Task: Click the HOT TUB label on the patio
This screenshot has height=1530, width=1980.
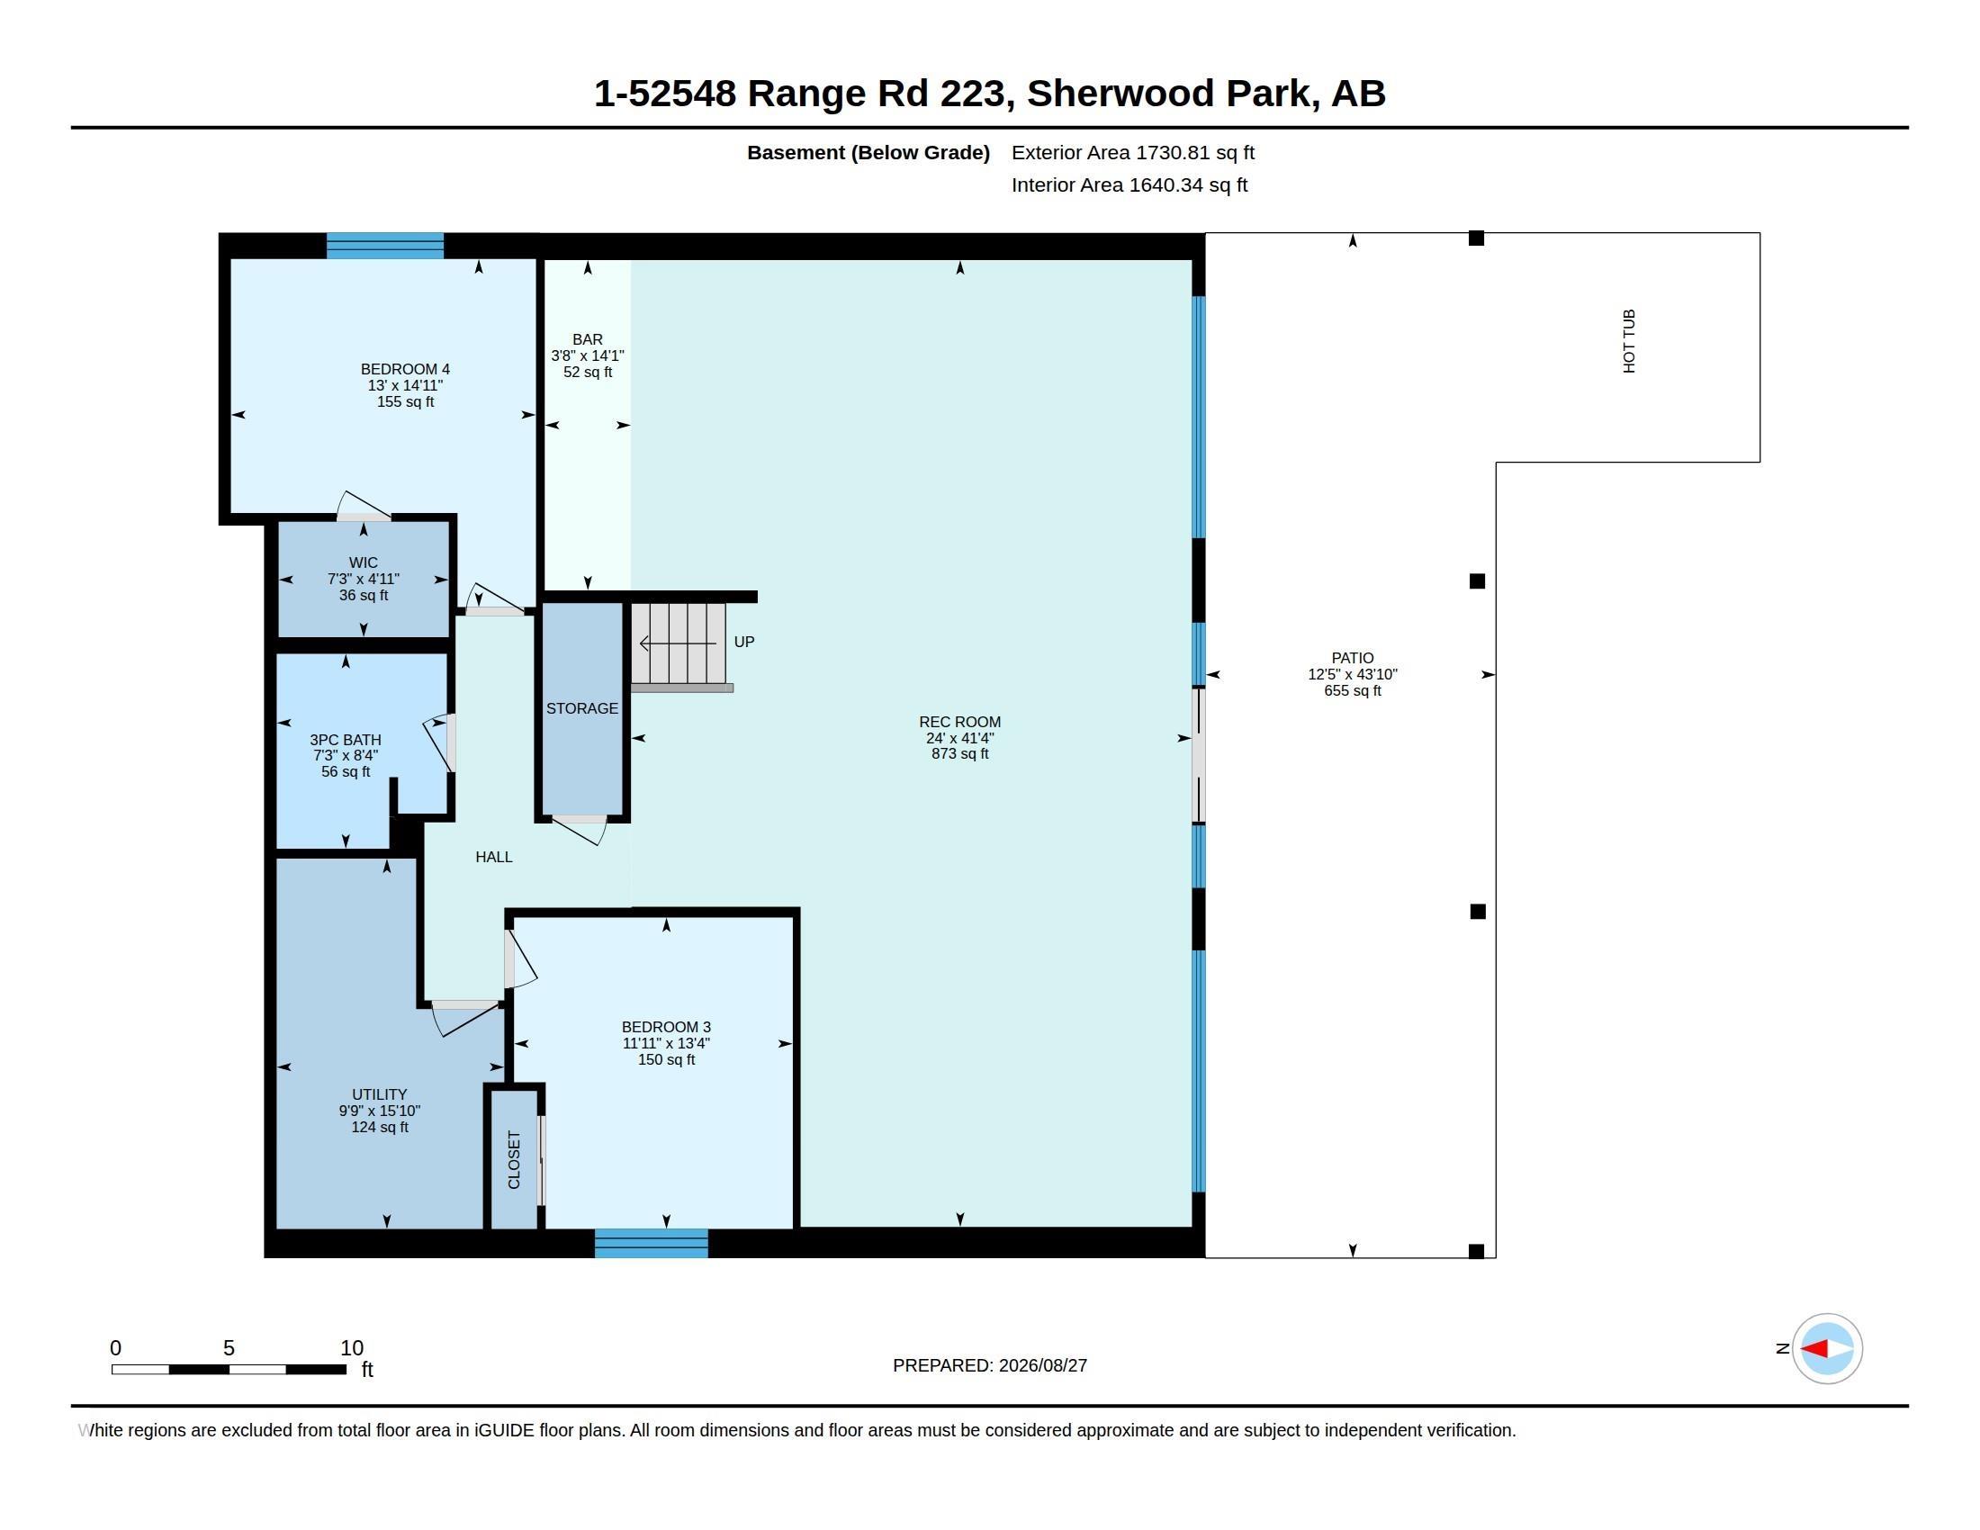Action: pyautogui.click(x=1628, y=341)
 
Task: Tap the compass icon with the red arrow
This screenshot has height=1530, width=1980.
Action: pyautogui.click(x=1827, y=1349)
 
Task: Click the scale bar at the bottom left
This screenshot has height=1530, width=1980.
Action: pyautogui.click(x=229, y=1369)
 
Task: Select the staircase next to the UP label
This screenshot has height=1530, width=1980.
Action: pyautogui.click(x=679, y=645)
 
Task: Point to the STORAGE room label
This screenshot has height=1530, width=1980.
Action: pyautogui.click(x=582, y=708)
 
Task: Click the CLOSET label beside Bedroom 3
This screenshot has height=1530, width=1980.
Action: pyautogui.click(x=514, y=1159)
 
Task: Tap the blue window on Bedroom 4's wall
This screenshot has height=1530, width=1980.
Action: pyautogui.click(x=385, y=246)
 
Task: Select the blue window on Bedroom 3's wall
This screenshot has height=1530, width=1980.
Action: pyautogui.click(x=651, y=1243)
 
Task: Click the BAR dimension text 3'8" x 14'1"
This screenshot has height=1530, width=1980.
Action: pyautogui.click(x=588, y=356)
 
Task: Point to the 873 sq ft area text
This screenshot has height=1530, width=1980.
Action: pyautogui.click(x=960, y=753)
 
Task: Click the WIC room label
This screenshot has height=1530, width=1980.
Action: pyautogui.click(x=364, y=562)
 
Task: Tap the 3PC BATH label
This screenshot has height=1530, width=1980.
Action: pyautogui.click(x=346, y=740)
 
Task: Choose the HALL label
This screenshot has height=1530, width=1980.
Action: pyautogui.click(x=494, y=857)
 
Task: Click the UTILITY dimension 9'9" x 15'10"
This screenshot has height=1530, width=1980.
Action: pyautogui.click(x=380, y=1111)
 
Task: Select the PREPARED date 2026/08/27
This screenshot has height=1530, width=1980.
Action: pyautogui.click(x=1042, y=1365)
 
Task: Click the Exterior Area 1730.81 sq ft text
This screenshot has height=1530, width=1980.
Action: pyautogui.click(x=1133, y=152)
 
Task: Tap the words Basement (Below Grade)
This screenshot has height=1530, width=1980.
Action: pyautogui.click(x=868, y=152)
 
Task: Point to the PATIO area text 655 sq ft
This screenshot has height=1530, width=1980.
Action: pyautogui.click(x=1353, y=690)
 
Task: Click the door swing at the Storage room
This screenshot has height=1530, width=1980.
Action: pyautogui.click(x=580, y=828)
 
